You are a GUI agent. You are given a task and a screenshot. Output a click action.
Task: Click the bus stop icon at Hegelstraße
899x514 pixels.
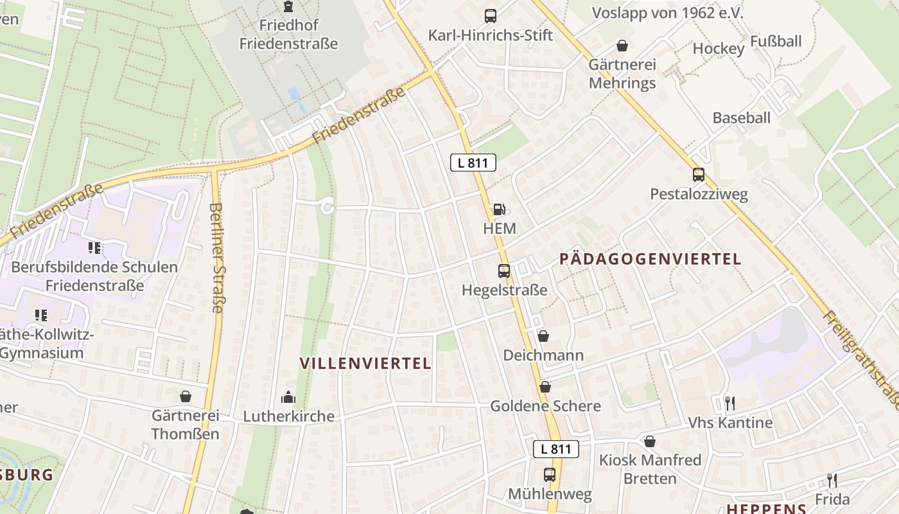click(504, 271)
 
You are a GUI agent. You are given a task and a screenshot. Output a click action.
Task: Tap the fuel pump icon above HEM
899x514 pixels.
click(498, 209)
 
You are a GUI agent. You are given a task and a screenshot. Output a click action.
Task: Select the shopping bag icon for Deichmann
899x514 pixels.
click(543, 336)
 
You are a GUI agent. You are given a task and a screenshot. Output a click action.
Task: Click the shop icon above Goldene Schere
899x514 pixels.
click(545, 387)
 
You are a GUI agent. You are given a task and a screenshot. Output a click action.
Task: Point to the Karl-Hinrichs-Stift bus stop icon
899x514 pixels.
click(491, 16)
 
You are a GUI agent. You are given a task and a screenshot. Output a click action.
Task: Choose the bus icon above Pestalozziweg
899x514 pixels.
click(699, 175)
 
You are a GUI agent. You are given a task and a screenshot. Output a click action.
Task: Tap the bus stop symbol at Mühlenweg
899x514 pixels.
click(550, 475)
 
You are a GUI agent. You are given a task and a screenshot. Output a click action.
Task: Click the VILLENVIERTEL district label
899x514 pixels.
click(365, 363)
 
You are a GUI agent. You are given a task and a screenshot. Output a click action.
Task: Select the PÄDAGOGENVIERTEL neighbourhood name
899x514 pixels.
click(650, 260)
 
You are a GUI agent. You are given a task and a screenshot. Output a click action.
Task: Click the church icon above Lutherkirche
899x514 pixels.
click(288, 397)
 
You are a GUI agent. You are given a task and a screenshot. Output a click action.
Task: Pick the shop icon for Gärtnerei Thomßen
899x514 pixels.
click(186, 396)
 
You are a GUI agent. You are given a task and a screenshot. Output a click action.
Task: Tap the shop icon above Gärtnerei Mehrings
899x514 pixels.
click(622, 46)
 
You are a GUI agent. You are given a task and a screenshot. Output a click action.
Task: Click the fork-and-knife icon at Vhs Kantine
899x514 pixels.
click(729, 403)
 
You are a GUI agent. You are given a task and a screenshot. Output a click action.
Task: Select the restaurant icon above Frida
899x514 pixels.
click(832, 480)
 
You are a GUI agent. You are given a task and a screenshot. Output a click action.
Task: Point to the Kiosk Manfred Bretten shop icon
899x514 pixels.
click(650, 441)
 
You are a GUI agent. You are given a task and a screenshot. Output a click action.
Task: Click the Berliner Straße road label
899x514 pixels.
click(216, 258)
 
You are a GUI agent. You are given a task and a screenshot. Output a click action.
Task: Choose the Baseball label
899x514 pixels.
click(742, 118)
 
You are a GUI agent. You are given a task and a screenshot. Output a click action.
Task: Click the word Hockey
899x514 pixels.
click(719, 49)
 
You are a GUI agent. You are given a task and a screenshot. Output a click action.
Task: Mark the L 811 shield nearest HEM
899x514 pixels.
click(473, 163)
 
